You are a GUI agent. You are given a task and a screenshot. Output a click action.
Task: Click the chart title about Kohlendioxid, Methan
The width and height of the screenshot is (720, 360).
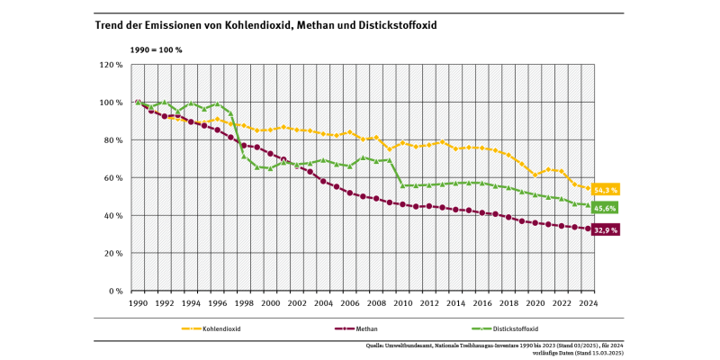pyautogui.click(x=265, y=25)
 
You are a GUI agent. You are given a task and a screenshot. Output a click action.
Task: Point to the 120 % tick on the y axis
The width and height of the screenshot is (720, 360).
pyautogui.click(x=111, y=65)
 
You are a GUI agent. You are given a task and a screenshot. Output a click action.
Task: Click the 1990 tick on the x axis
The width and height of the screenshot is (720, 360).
pyautogui.click(x=137, y=304)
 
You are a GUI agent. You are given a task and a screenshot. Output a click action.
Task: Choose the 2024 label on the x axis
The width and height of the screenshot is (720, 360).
pyautogui.click(x=587, y=304)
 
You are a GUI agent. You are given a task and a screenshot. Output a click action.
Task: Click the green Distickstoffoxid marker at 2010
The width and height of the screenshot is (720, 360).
pyautogui.click(x=401, y=185)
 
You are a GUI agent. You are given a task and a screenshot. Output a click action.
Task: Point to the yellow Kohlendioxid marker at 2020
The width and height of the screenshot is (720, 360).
pyautogui.click(x=534, y=174)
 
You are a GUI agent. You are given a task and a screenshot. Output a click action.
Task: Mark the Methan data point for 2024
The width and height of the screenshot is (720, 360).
pyautogui.click(x=588, y=229)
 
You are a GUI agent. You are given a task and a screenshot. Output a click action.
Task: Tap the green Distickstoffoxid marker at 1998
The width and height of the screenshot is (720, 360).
pyautogui.click(x=243, y=157)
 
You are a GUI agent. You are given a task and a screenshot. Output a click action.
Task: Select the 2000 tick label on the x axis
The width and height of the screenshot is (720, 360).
pyautogui.click(x=269, y=304)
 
